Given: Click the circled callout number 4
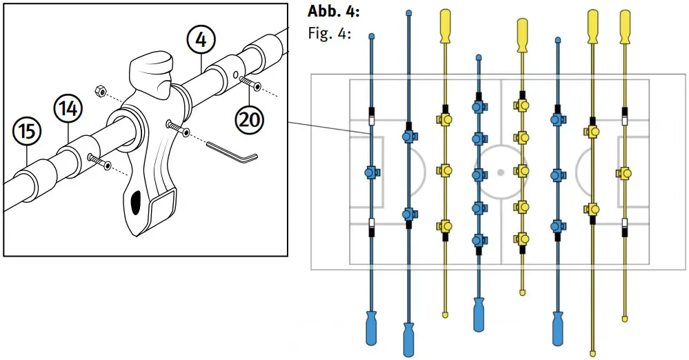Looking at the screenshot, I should coord(200,41).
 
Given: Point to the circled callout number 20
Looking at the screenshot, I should coord(249,119).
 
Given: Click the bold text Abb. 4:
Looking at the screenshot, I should coord(333,12).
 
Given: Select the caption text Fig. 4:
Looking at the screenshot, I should coord(328,33).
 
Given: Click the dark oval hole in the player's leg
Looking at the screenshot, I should coord(137,201).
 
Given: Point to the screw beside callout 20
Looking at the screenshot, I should coord(250,86).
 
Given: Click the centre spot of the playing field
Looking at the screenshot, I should coord(501,171).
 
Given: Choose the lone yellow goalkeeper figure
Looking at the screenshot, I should coord(625,172).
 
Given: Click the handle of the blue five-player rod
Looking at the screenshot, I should coord(479,314).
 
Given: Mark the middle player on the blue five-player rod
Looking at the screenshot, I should coord(477,172).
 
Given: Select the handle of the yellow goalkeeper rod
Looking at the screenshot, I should coord(625,28).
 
